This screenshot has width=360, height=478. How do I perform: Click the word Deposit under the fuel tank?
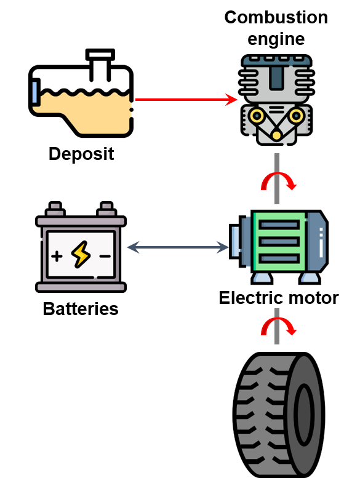click(81, 154)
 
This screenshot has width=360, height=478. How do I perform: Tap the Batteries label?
click(81, 308)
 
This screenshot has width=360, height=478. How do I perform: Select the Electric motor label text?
click(279, 298)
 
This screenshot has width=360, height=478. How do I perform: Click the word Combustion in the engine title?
click(276, 17)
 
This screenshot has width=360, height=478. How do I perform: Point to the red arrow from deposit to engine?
click(186, 100)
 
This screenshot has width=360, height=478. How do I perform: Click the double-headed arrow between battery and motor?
click(178, 247)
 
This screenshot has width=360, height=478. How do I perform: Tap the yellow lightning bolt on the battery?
click(81, 255)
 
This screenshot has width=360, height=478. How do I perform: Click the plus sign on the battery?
click(57, 256)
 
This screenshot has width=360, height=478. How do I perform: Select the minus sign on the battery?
click(105, 256)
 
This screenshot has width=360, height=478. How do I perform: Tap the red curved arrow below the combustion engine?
click(279, 181)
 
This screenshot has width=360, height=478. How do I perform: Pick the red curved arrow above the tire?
click(279, 327)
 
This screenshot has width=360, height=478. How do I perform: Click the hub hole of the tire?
click(304, 415)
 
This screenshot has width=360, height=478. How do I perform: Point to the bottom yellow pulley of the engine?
click(276, 135)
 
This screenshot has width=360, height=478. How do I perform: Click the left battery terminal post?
click(55, 209)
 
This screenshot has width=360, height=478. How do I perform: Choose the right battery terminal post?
click(106, 209)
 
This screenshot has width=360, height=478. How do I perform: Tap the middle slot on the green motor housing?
click(278, 242)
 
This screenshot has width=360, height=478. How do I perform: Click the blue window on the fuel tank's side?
click(34, 92)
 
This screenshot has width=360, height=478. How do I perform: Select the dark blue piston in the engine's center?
click(276, 78)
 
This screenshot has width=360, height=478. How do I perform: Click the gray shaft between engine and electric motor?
click(277, 178)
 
